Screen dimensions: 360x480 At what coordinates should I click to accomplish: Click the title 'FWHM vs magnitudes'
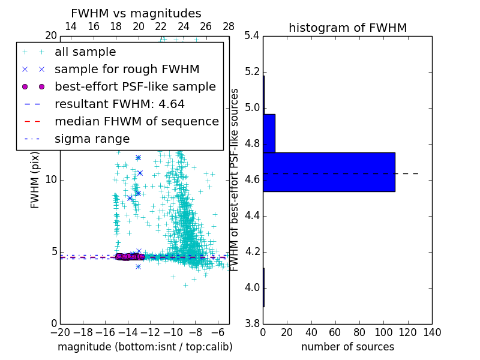coord(136,13)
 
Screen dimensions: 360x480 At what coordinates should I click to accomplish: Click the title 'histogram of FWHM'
coord(347,28)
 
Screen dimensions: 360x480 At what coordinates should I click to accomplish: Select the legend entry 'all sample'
coord(85,52)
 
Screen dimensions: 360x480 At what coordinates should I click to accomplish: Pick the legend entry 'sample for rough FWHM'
coord(127,70)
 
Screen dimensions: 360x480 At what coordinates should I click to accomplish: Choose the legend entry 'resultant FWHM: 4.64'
coord(119,104)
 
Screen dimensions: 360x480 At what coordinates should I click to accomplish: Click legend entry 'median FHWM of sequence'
coord(136,122)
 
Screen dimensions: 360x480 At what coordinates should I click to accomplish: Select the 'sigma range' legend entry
coord(92,139)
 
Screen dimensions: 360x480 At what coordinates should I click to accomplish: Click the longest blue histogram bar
coord(329,172)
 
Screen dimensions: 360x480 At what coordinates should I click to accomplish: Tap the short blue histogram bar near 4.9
coord(269,133)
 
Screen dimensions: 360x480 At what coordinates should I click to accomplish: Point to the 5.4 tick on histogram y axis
coord(252,36)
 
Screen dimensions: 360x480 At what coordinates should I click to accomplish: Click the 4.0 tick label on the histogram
coord(252,287)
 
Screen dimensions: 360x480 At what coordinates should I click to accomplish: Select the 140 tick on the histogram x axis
coord(432,332)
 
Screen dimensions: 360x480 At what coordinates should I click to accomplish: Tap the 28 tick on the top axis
coord(229,26)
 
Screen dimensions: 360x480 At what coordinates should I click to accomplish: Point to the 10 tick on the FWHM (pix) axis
coord(52,179)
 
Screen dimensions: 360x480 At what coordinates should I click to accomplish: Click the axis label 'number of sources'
coord(347,347)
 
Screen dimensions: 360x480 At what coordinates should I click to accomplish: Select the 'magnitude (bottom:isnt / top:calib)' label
coord(145,347)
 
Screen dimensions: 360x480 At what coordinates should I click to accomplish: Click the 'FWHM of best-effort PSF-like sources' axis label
coord(235,179)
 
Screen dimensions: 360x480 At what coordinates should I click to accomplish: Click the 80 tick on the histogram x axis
coord(359,332)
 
